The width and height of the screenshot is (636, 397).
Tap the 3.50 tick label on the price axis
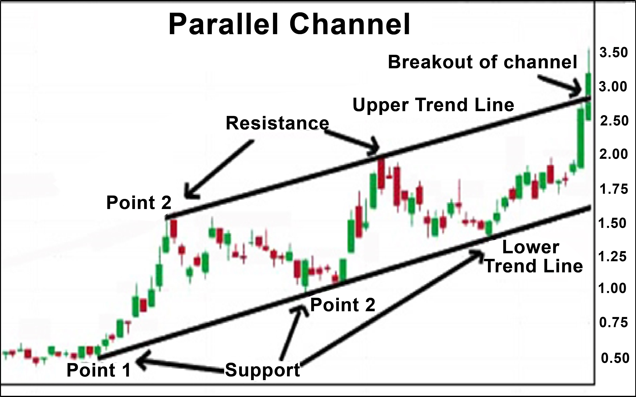[613, 53]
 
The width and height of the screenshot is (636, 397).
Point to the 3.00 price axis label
[613, 87]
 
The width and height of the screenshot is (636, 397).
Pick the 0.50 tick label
[615, 358]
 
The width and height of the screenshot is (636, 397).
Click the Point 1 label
[99, 370]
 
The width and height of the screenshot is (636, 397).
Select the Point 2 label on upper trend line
[139, 203]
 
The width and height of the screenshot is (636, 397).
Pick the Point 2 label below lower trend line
[343, 305]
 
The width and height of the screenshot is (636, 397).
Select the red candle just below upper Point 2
[174, 228]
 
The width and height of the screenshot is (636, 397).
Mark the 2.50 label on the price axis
[614, 121]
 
